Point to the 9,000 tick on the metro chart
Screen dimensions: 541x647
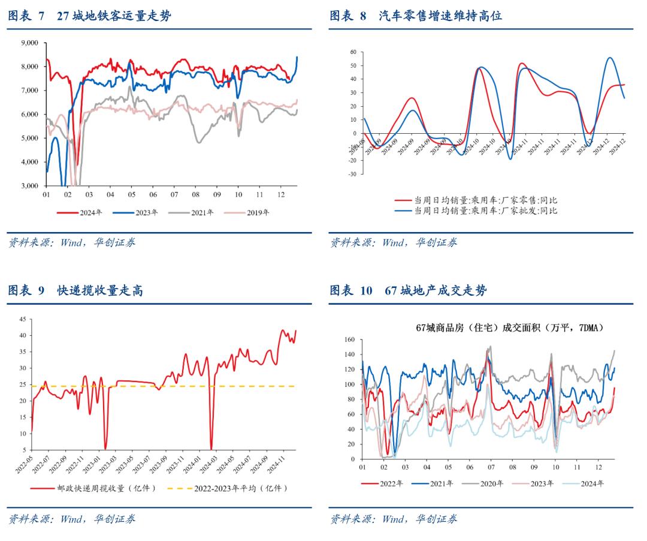click(x=29, y=43)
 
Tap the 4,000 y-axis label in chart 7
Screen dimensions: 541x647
click(x=29, y=162)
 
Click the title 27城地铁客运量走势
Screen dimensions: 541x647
click(x=114, y=17)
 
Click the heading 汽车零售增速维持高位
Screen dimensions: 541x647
click(x=440, y=17)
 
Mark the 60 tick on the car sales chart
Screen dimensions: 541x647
click(x=353, y=53)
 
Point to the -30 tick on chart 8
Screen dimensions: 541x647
click(x=352, y=175)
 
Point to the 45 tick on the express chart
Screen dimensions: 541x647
click(x=22, y=319)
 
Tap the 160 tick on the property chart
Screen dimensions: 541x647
click(x=350, y=339)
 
